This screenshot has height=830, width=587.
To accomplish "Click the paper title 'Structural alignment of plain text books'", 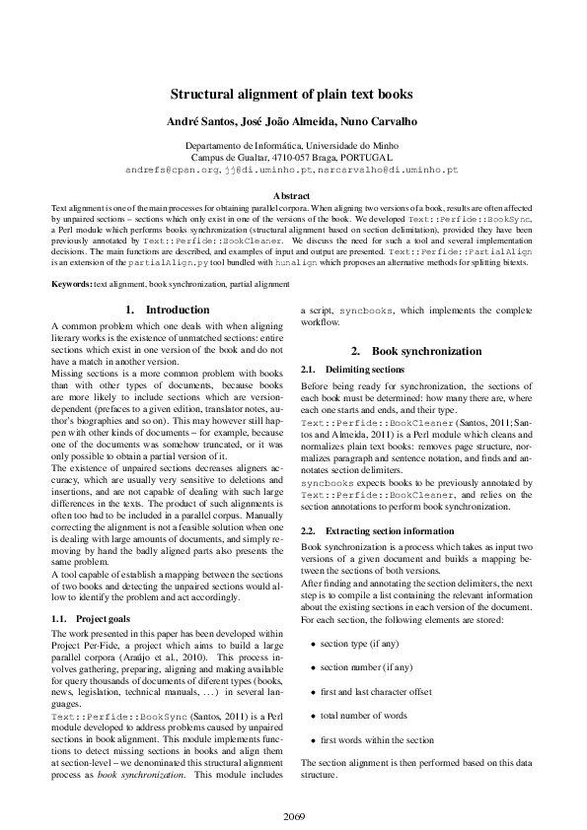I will point(292,96).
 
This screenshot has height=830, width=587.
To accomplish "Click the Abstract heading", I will point(292,196).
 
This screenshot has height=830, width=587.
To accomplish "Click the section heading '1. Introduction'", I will point(167,310).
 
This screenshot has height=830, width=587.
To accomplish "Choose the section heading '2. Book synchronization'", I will point(415,352).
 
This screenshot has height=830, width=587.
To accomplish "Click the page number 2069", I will point(293,816).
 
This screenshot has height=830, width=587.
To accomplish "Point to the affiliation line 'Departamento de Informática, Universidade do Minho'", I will point(292,145).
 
